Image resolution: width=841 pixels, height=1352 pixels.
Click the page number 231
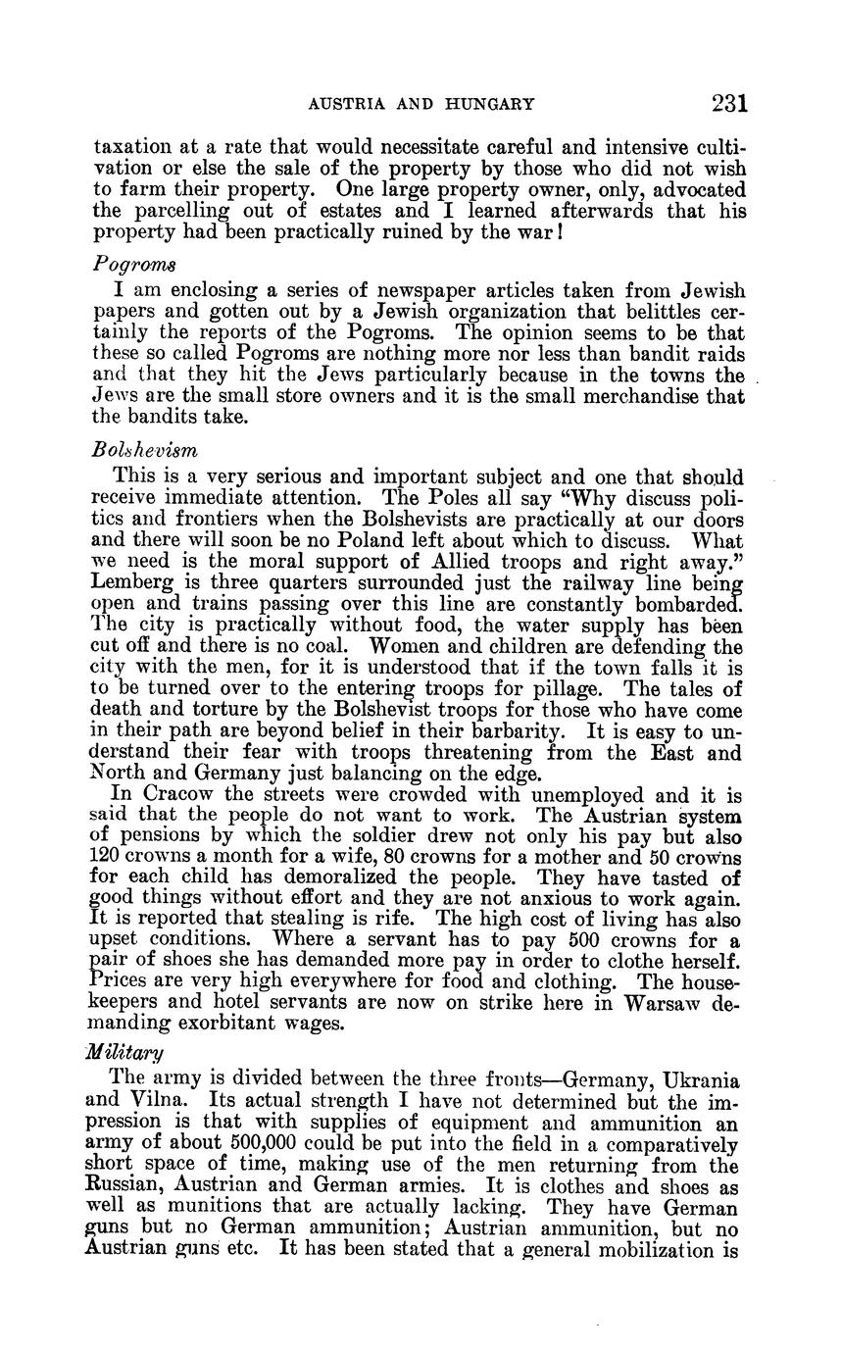730,103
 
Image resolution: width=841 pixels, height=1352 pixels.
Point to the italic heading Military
124,1052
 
